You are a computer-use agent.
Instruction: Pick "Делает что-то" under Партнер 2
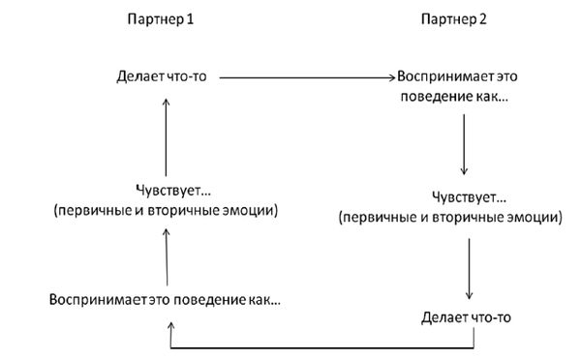[468, 316]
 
